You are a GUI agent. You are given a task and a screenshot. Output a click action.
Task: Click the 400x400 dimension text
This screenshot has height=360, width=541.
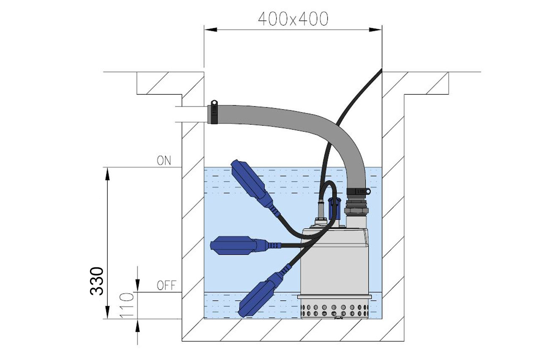[x=293, y=19]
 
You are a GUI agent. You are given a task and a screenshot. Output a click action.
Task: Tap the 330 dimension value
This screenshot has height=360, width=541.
[x=97, y=281]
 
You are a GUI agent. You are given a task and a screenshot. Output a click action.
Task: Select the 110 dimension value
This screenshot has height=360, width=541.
[x=126, y=305]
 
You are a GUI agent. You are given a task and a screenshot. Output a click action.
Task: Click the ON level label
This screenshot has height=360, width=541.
[x=164, y=160]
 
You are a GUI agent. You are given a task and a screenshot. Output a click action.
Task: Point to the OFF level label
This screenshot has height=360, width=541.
[x=167, y=286]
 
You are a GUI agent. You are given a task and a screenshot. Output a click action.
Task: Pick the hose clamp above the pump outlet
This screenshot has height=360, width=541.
[x=358, y=191]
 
